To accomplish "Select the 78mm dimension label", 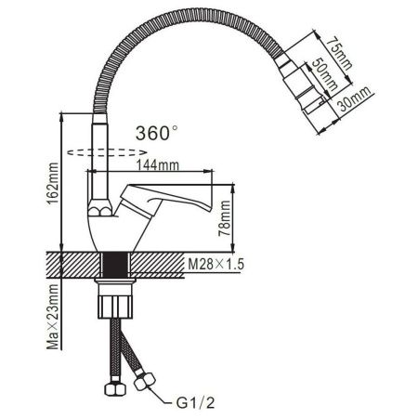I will coord(249,224).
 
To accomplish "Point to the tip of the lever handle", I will coord(219,200).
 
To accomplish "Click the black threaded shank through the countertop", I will coord(115,266).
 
